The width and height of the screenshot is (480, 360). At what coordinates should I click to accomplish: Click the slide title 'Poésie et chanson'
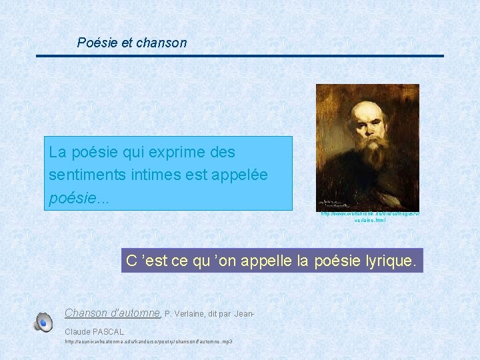click(131, 43)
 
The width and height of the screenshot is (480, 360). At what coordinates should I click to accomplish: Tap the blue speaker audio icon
click(43, 322)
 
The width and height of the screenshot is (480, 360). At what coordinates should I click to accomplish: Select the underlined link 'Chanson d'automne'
click(113, 313)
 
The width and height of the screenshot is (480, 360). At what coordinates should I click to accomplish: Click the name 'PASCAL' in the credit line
click(109, 331)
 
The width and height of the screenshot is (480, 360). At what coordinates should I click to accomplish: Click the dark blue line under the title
click(239, 56)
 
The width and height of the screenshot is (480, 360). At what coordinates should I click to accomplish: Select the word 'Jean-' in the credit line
click(245, 313)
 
